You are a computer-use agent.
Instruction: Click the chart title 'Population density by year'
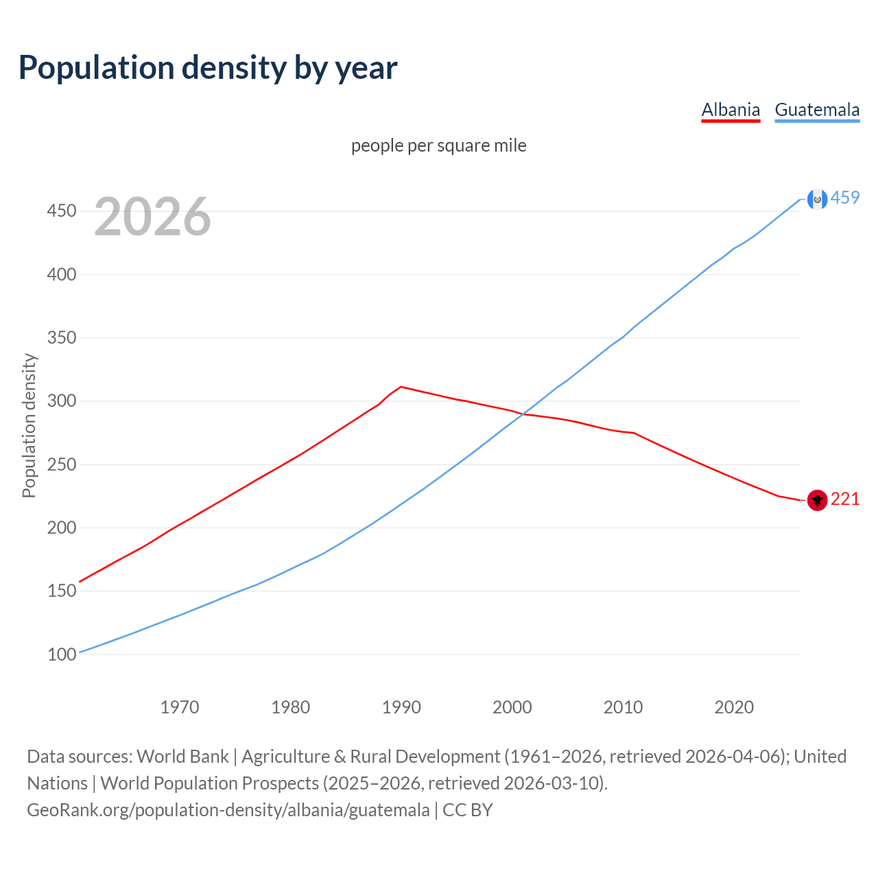point(208,68)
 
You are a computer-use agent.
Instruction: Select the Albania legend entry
point(731,110)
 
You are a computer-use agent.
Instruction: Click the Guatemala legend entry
point(817,110)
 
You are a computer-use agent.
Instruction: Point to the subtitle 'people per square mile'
point(439,145)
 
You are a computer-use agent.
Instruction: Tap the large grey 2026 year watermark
point(152,217)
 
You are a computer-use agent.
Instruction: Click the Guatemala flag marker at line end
point(817,199)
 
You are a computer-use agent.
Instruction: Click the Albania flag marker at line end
point(817,500)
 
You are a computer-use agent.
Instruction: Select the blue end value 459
point(845,198)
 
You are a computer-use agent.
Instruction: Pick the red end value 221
point(845,499)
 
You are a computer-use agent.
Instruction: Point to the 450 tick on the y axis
point(61,211)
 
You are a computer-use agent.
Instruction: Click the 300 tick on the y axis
point(61,401)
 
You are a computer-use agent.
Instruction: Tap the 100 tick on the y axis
point(61,654)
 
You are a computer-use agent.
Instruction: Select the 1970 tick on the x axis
point(180,707)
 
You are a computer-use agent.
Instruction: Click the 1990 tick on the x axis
point(401,707)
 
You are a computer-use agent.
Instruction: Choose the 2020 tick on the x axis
point(734,707)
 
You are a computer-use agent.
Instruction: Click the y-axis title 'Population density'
point(29,425)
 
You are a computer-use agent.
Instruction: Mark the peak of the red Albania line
point(401,387)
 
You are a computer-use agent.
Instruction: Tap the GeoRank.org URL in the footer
point(228,810)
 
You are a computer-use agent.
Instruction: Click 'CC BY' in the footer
point(468,810)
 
